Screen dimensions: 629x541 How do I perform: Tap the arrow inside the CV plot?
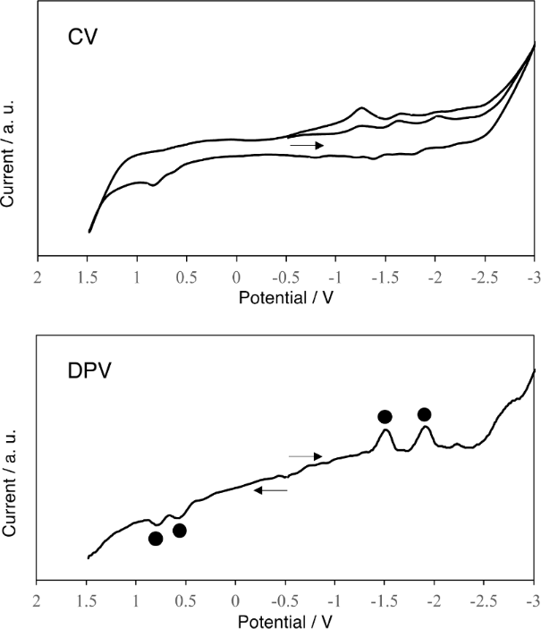[306, 144]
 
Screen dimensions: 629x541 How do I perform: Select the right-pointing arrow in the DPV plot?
[306, 456]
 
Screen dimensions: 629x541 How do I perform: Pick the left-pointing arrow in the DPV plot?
[271, 490]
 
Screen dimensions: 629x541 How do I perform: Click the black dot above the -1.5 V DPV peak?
[385, 416]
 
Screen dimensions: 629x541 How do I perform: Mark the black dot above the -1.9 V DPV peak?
[424, 414]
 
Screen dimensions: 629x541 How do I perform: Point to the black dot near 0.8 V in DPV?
[156, 539]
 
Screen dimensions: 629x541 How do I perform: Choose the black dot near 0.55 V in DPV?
[179, 531]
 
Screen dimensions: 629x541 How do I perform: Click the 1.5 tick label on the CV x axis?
[87, 276]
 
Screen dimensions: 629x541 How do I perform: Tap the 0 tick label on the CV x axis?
[236, 276]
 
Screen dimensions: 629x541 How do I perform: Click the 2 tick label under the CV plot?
[38, 276]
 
